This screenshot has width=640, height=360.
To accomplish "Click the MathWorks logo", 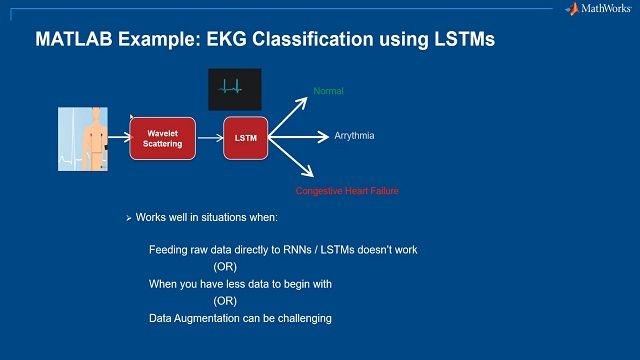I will coord(597,9).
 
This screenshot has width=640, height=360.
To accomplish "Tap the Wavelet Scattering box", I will coord(163,138).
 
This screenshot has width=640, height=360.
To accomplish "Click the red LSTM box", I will coord(246,138).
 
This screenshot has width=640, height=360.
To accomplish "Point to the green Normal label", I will coord(328,91).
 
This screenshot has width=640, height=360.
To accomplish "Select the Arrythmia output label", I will coord(354,135).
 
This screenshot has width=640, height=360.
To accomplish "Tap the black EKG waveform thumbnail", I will coord(234,89).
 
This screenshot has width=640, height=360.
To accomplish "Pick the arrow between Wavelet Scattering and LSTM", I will coord(210,138).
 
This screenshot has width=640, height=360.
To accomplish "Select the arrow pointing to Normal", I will coord(291,113).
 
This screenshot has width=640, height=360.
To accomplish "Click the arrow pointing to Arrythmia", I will coord(299,136).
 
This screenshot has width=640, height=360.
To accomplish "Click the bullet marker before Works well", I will coord(129,218).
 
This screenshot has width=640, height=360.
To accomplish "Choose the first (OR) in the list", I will coord(225,267).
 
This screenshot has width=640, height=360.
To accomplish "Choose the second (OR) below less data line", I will coord(225,301).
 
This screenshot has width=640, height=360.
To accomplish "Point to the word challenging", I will coord(297,318).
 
